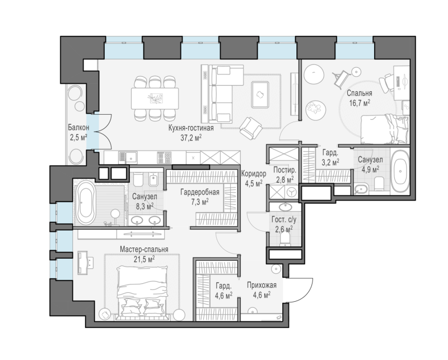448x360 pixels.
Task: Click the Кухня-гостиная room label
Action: tap(191, 128)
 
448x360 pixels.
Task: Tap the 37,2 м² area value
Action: tap(191, 138)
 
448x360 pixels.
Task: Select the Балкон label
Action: tap(78, 127)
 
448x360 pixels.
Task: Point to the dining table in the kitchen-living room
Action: tap(155, 99)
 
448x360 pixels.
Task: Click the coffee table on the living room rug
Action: tap(260, 94)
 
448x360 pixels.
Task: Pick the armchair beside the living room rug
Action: tap(251, 129)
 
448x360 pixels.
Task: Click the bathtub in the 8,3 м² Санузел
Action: tap(85, 203)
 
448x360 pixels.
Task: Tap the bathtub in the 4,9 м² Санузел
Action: tap(400, 171)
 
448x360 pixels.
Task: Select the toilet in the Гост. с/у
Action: tap(285, 239)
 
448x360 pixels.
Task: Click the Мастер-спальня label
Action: tap(144, 250)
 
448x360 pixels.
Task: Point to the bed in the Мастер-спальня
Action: tap(143, 290)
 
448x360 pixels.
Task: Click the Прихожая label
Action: tap(262, 285)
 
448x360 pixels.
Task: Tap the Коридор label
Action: tap(254, 174)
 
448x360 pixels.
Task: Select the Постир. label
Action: tap(284, 170)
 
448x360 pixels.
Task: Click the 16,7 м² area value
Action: tap(360, 102)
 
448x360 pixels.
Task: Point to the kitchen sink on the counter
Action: tap(128, 157)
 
